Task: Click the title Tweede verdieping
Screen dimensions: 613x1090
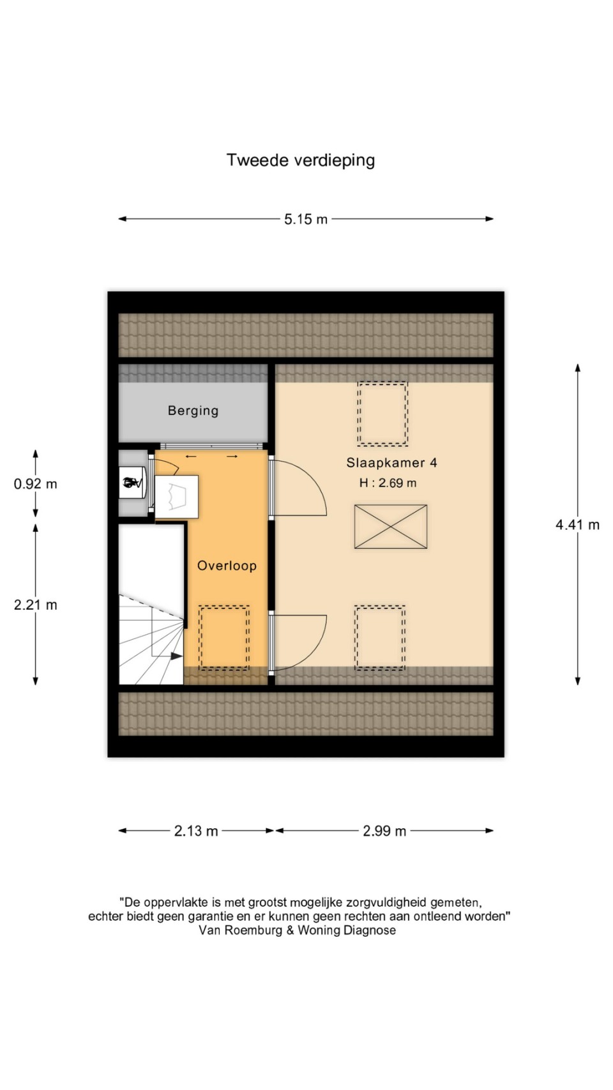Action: point(301,160)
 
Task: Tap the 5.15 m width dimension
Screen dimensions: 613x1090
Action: point(305,219)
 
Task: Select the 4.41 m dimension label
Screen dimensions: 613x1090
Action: point(577,524)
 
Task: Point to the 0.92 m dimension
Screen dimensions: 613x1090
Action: point(36,483)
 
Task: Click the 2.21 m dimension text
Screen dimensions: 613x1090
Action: point(36,605)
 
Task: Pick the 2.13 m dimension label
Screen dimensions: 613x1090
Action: point(196,831)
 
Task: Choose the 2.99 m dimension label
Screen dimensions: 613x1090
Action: point(384,831)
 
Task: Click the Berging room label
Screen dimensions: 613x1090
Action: point(193,411)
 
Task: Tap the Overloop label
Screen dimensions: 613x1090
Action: point(227,566)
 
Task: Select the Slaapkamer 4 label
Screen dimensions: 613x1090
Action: point(391,462)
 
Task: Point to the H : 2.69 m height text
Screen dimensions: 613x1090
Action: point(388,483)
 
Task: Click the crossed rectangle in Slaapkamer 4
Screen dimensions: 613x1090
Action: point(391,527)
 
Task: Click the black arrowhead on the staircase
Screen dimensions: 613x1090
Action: point(177,656)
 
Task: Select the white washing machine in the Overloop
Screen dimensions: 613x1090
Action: point(177,496)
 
